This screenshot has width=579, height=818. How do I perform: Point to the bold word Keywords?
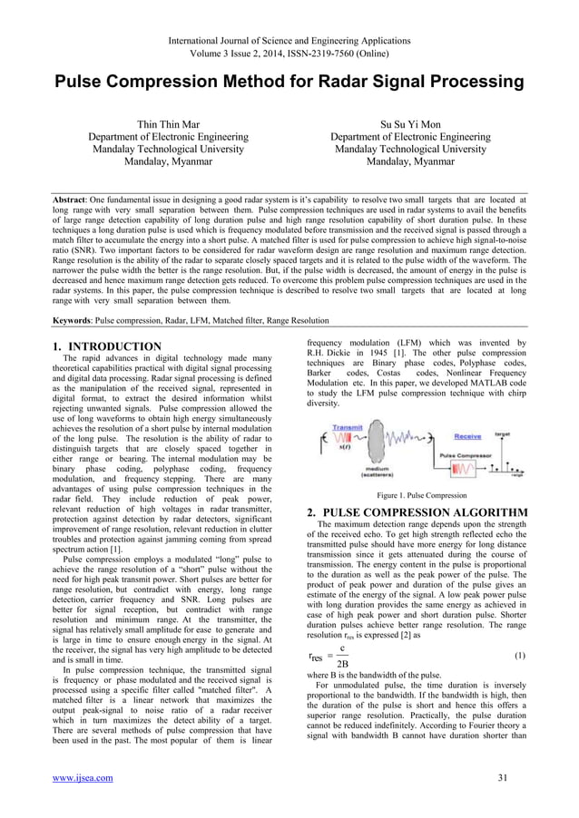point(79,320)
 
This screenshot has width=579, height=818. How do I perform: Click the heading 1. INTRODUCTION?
point(106,346)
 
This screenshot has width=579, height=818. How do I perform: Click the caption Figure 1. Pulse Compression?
point(421,495)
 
